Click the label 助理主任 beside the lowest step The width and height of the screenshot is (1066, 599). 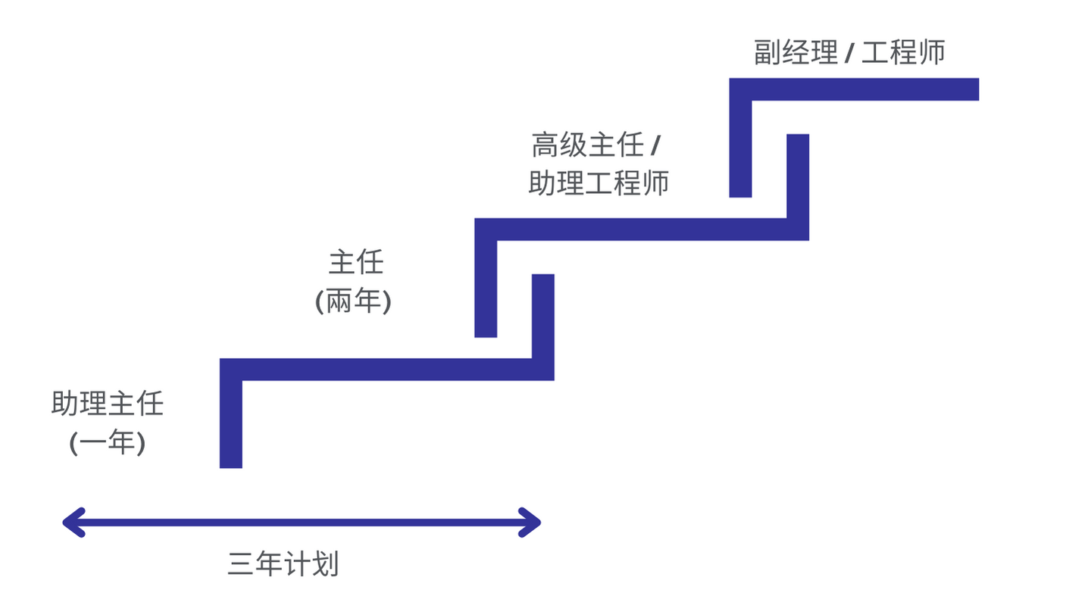pyautogui.click(x=107, y=404)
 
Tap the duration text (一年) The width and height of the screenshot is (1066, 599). pyautogui.click(x=107, y=442)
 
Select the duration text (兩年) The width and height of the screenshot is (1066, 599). pyautogui.click(x=353, y=302)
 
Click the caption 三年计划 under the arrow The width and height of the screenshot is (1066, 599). pyautogui.click(x=283, y=565)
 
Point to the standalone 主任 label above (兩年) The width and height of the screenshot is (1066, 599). pyautogui.click(x=356, y=263)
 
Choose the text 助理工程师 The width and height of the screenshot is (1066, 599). pyautogui.click(x=599, y=183)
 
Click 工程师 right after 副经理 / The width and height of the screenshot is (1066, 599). pyautogui.click(x=903, y=52)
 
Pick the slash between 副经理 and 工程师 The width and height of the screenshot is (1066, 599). pyautogui.click(x=849, y=53)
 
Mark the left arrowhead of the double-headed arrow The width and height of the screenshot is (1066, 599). pyautogui.click(x=73, y=523)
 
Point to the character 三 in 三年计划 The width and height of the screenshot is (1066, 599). pyautogui.click(x=240, y=565)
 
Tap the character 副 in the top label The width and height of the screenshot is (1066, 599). pyautogui.click(x=767, y=52)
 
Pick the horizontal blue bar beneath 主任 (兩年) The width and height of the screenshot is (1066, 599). pyautogui.click(x=386, y=370)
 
